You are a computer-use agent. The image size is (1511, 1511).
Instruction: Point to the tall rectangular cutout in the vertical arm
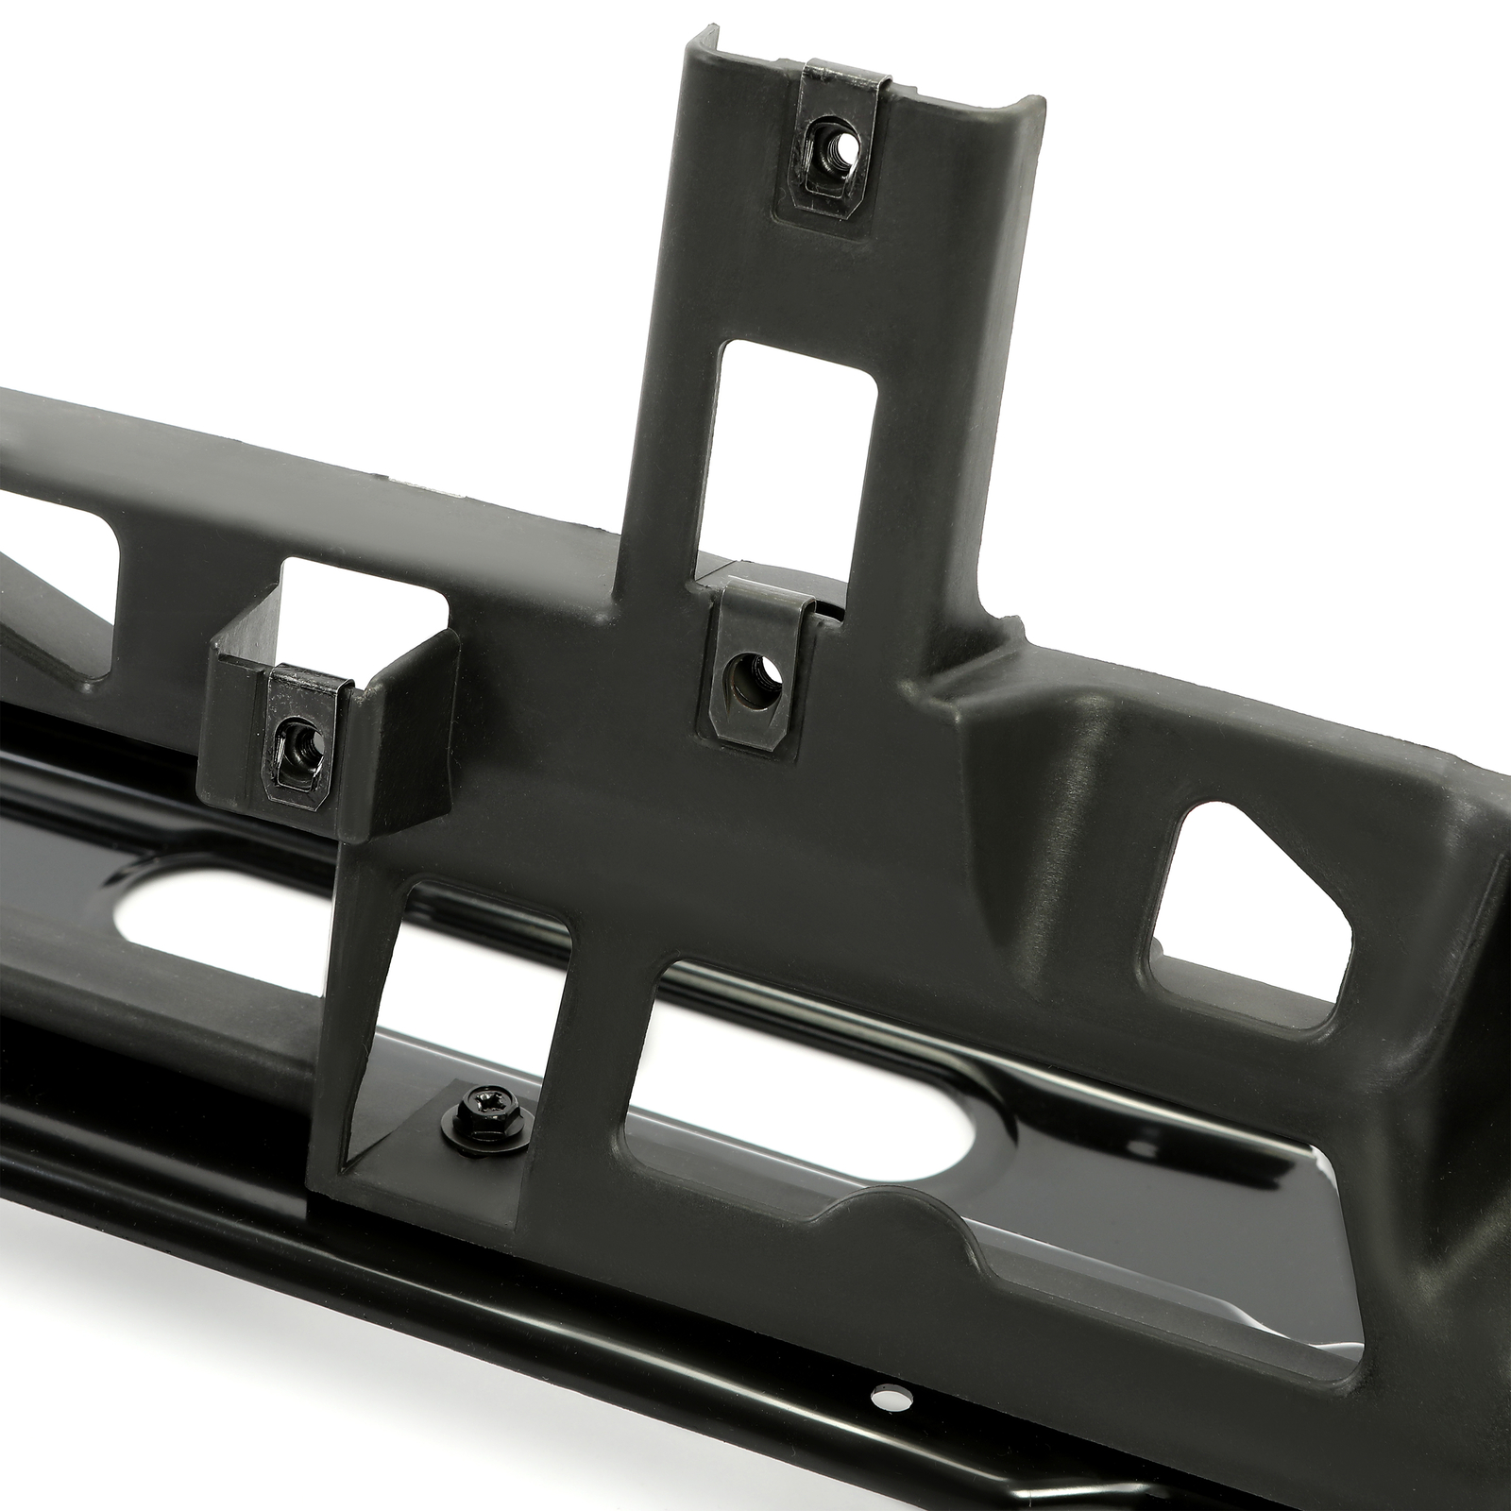pos(799,457)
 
